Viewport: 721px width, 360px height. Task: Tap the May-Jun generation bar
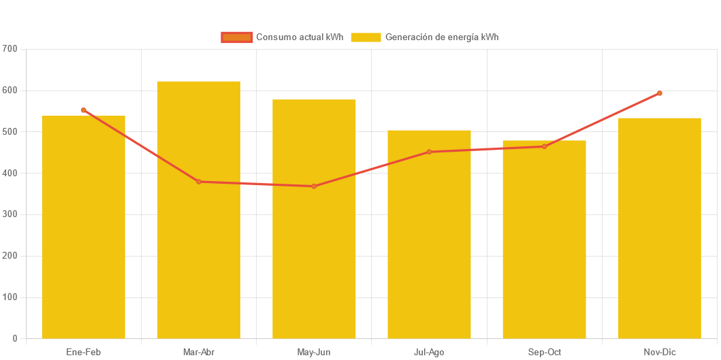click(x=314, y=218)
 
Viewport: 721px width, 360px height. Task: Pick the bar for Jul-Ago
click(x=429, y=234)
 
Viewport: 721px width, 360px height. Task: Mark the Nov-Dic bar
click(x=659, y=228)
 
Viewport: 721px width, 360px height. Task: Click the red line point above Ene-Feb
click(x=84, y=110)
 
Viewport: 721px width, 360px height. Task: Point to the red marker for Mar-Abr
click(x=199, y=182)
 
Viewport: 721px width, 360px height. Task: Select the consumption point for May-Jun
click(x=314, y=186)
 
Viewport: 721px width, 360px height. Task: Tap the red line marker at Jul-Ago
click(x=429, y=152)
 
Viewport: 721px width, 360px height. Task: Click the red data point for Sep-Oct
click(x=544, y=146)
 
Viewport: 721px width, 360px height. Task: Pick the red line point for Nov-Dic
click(x=659, y=93)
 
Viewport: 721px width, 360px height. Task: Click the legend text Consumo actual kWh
click(x=300, y=37)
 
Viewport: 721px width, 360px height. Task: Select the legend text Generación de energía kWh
click(x=442, y=37)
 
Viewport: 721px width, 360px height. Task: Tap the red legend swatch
click(x=236, y=37)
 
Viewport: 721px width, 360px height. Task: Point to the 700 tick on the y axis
click(x=10, y=49)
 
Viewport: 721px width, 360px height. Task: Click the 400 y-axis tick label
click(x=10, y=173)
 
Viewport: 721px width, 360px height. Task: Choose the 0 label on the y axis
click(x=15, y=338)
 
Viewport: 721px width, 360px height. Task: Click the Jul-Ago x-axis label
click(x=429, y=352)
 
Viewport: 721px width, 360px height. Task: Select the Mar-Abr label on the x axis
click(x=199, y=352)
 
